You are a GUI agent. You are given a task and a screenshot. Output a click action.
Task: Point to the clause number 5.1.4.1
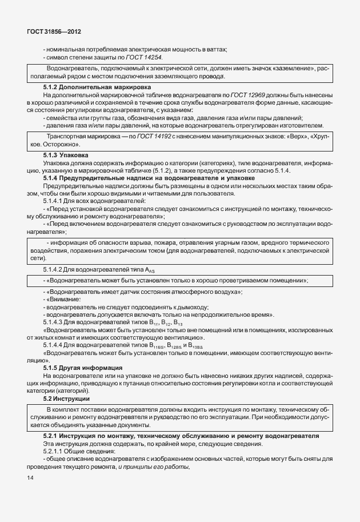pyautogui.click(x=56, y=201)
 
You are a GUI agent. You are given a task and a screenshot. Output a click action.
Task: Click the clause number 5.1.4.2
pyautogui.click(x=56, y=269)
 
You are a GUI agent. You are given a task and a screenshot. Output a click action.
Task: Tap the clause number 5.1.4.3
pyautogui.click(x=56, y=322)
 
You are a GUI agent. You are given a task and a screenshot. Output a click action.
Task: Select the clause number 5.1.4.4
pyautogui.click(x=56, y=345)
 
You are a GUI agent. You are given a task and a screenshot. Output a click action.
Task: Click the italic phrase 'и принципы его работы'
pyautogui.click(x=154, y=467)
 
